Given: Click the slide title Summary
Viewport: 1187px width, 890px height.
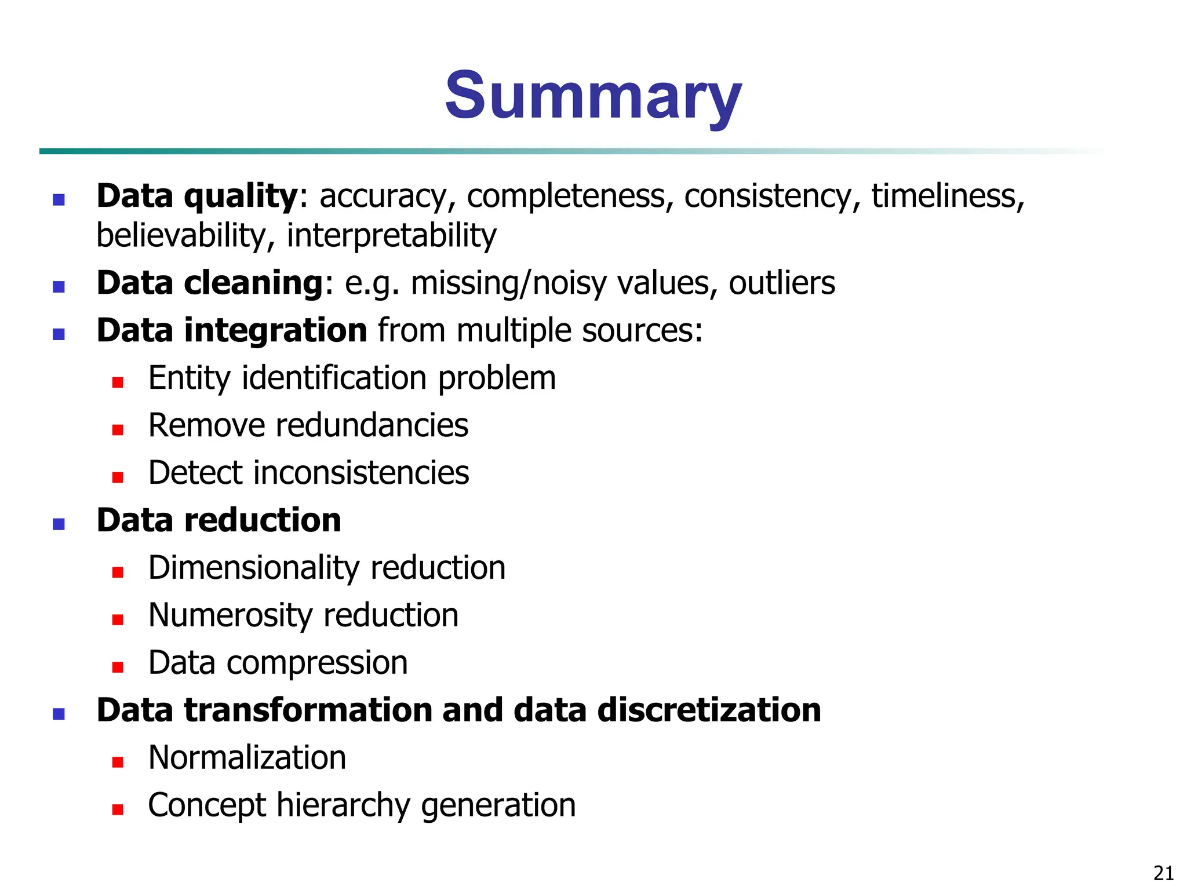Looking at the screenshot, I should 593,96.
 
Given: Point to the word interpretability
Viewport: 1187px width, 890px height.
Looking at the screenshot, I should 392,236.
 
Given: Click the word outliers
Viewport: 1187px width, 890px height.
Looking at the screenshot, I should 782,283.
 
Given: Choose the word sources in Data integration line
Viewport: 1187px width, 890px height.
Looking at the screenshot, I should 642,331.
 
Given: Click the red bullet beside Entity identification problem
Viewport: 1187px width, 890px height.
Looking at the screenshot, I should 118,382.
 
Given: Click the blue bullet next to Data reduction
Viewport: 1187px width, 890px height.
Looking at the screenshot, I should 59,524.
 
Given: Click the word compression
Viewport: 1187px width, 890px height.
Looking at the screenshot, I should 317,663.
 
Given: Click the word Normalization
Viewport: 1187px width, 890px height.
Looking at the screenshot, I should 247,758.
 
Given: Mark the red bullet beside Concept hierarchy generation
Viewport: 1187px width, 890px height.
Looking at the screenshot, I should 118,809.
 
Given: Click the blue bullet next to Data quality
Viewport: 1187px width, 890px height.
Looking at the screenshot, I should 59,200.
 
